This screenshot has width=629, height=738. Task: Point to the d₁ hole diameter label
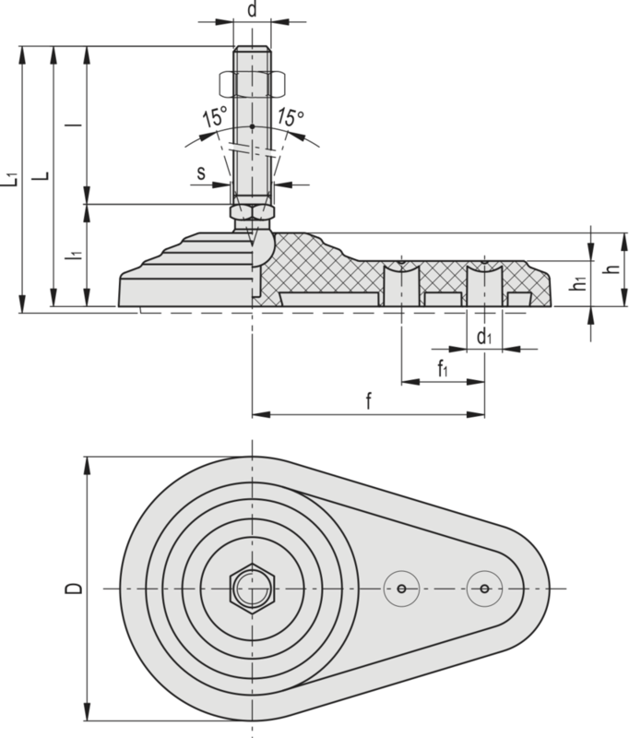pyautogui.click(x=484, y=338)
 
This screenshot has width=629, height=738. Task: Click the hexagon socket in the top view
pyautogui.click(x=251, y=588)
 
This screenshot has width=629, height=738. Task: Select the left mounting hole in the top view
pyautogui.click(x=402, y=588)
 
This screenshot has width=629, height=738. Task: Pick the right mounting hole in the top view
pyautogui.click(x=484, y=588)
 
